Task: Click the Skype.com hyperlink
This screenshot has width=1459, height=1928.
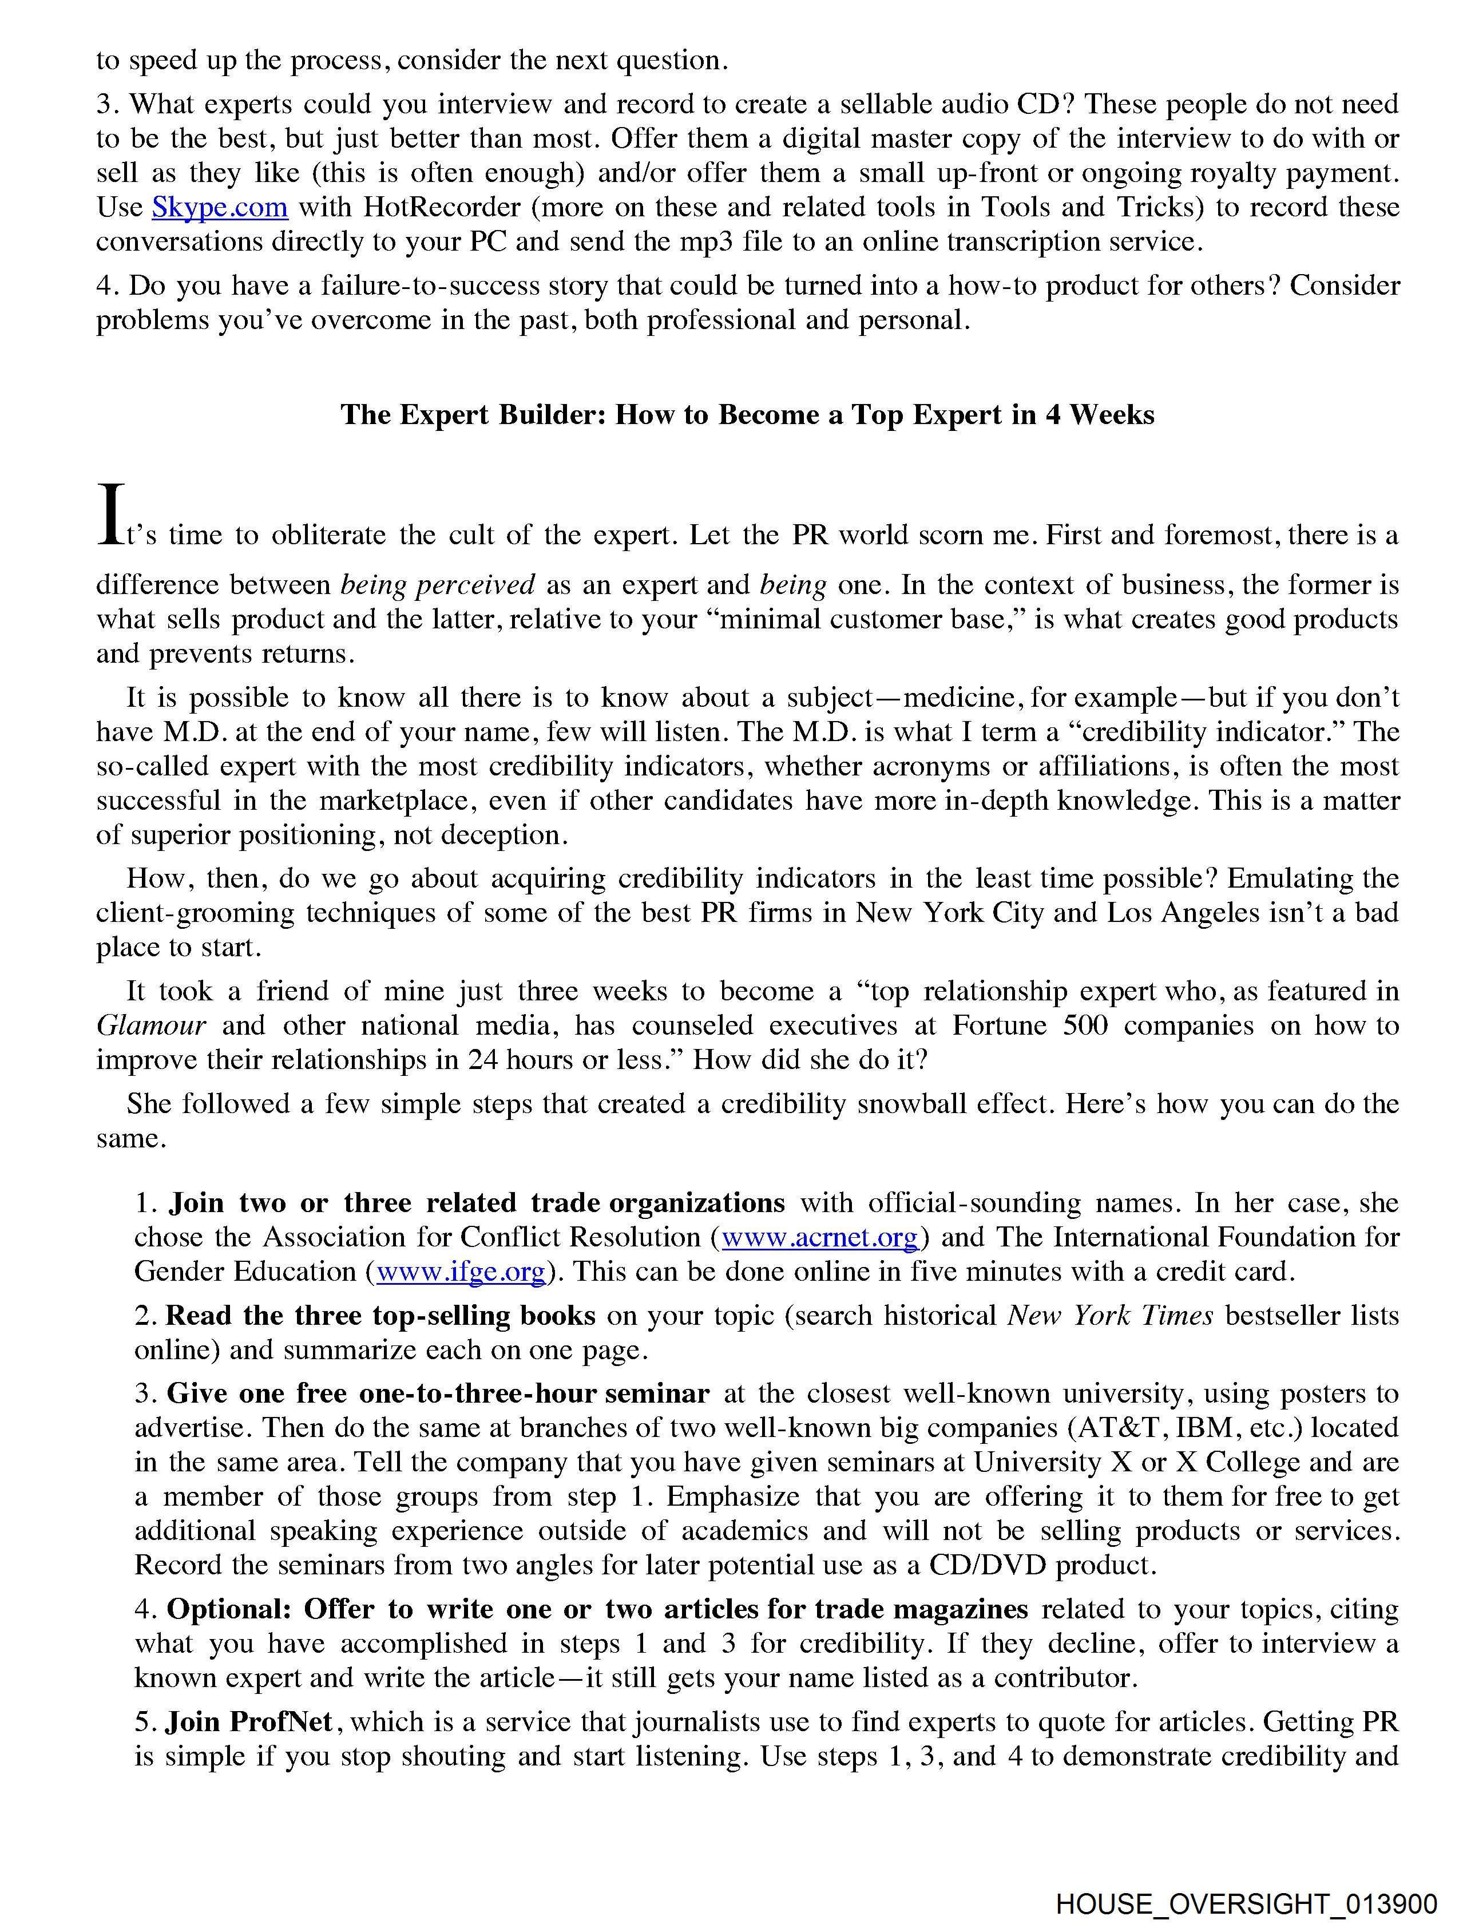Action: (220, 207)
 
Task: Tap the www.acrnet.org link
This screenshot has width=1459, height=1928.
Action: (819, 1238)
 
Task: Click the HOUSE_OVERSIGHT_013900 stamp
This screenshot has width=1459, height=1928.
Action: (1246, 1903)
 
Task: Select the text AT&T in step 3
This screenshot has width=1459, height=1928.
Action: (1124, 1428)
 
